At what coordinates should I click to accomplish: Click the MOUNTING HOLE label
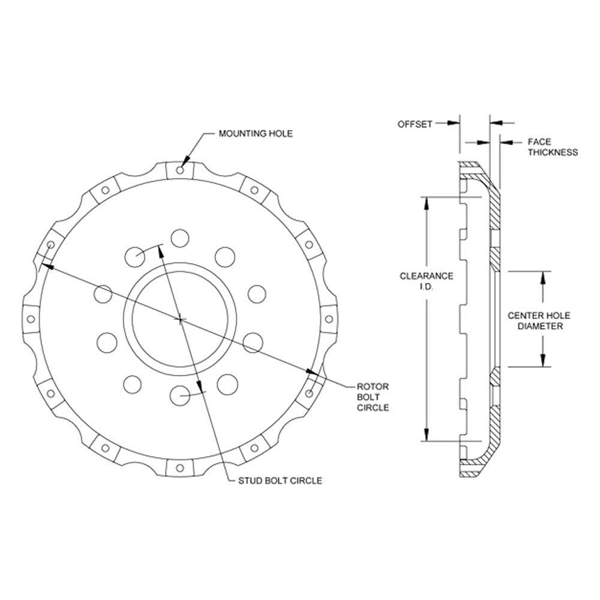click(x=255, y=134)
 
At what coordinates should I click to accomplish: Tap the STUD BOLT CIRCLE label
click(x=280, y=481)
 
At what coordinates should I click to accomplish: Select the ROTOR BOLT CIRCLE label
click(x=373, y=397)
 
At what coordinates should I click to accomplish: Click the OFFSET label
click(x=415, y=124)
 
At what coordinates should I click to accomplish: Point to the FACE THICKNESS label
click(x=553, y=148)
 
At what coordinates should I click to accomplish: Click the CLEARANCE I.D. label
click(x=426, y=281)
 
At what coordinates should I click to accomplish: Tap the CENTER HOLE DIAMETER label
click(x=539, y=320)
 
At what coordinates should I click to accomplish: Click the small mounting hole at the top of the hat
click(x=180, y=170)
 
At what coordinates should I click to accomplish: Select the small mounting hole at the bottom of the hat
click(x=180, y=468)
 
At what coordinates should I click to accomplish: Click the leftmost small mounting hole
click(x=31, y=319)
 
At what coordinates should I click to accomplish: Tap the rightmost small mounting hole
click(x=329, y=319)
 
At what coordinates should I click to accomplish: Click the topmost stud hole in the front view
click(x=180, y=238)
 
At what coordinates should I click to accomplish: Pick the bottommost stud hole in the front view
click(x=180, y=395)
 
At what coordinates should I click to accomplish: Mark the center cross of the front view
click(x=180, y=319)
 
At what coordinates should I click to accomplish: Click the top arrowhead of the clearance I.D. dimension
click(x=426, y=203)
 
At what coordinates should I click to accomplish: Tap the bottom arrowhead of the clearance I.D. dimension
click(x=426, y=434)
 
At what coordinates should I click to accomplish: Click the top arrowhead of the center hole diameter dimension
click(x=542, y=278)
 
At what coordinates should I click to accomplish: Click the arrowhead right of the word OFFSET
click(x=454, y=123)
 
